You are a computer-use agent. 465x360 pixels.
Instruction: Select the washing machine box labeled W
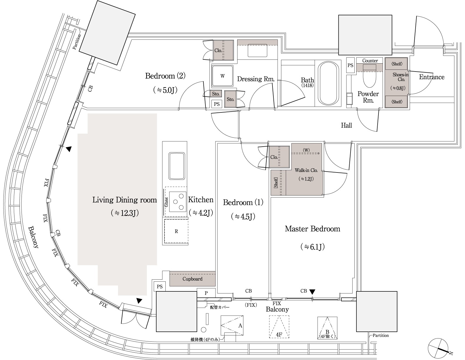pyautogui.click(x=222, y=76)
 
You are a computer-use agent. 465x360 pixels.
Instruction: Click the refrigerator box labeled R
pyautogui.click(x=176, y=231)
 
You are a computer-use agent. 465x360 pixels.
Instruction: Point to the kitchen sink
pyautogui.click(x=177, y=166)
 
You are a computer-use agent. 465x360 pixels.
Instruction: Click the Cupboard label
pyautogui.click(x=192, y=279)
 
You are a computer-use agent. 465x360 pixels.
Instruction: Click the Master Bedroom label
pyautogui.click(x=312, y=229)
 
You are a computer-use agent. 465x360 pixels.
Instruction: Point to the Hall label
pyautogui.click(x=346, y=125)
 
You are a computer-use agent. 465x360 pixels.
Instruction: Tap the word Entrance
pyautogui.click(x=431, y=77)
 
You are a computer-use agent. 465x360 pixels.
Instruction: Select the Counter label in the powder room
pyautogui.click(x=370, y=61)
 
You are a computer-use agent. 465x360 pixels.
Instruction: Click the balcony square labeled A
pyautogui.click(x=232, y=325)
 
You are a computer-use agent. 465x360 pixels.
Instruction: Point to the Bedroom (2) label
pyautogui.click(x=165, y=76)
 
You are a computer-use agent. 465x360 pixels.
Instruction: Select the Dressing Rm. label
pyautogui.click(x=255, y=79)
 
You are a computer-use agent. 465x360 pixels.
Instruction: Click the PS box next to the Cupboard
pyautogui.click(x=160, y=286)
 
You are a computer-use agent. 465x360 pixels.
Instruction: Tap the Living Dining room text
pyautogui.click(x=124, y=200)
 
